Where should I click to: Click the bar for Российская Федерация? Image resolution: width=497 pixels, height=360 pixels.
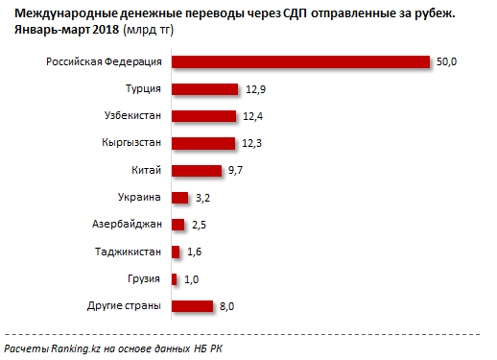[299, 62]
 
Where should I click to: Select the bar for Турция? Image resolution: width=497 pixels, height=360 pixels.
[203, 90]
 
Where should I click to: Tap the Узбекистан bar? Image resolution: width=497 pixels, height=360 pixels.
[202, 117]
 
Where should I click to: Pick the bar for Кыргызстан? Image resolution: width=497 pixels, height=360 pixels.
[202, 144]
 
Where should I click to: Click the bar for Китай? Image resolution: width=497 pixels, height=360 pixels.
[196, 171]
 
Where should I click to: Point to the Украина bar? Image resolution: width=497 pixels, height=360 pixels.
[179, 198]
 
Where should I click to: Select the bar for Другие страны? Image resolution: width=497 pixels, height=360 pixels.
[192, 306]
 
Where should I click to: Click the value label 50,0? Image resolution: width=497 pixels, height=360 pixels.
[446, 62]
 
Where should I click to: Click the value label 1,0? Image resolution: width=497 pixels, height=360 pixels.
[190, 279]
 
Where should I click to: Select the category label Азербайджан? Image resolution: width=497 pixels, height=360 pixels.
[126, 225]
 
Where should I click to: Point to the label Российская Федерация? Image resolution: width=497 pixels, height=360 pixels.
[105, 62]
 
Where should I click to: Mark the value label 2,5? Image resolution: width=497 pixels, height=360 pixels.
[200, 225]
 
